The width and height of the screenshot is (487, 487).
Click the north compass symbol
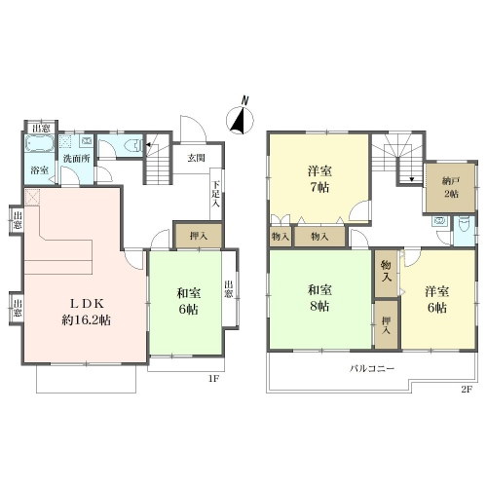[240, 119]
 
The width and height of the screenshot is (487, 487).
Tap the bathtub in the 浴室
[40, 143]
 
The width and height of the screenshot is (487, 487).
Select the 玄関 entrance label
[197, 158]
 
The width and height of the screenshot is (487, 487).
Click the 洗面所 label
[76, 159]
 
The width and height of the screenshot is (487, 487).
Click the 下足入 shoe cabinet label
[216, 194]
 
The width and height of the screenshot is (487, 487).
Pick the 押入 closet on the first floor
[198, 236]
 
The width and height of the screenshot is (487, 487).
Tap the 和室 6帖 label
[189, 301]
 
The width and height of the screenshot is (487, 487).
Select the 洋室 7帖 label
[319, 179]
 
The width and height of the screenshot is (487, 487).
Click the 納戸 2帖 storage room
[450, 188]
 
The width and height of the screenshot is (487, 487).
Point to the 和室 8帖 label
[319, 298]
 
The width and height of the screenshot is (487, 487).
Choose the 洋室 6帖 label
[437, 299]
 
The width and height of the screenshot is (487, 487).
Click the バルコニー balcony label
[372, 368]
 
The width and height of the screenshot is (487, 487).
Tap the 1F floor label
[212, 379]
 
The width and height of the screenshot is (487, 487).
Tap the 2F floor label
[467, 390]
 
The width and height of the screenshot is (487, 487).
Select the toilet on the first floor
[134, 146]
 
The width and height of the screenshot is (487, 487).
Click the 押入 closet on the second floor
[387, 325]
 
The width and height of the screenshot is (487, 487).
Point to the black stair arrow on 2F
[412, 179]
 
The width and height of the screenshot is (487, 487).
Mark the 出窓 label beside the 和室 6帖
[229, 289]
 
